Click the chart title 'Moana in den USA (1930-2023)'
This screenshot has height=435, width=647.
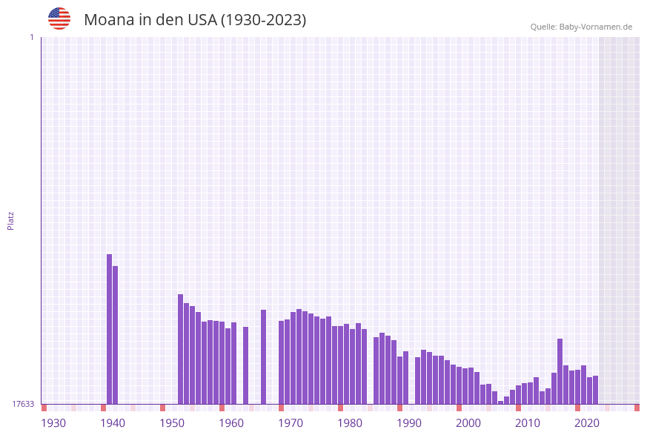click(195, 20)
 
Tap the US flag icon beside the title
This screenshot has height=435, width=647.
click(59, 19)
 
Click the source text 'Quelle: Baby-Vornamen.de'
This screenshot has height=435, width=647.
click(581, 27)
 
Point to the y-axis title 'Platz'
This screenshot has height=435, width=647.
click(11, 220)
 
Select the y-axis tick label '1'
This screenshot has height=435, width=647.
click(31, 37)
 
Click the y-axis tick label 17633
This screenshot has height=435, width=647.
click(23, 404)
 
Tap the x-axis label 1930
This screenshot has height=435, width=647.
click(53, 423)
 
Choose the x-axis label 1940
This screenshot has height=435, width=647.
click(113, 423)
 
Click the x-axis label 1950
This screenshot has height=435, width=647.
click(172, 423)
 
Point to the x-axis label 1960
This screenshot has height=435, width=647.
click(231, 423)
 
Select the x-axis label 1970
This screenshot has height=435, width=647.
click(291, 423)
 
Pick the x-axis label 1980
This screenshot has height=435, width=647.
click(350, 423)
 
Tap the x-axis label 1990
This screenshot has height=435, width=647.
click(409, 423)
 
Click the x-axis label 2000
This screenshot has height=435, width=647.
click(468, 423)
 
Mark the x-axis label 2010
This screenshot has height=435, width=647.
click(528, 423)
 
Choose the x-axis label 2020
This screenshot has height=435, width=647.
click(587, 423)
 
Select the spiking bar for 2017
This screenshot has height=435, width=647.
click(560, 371)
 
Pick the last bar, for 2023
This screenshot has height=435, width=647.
click(596, 390)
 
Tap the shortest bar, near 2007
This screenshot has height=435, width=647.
click(501, 402)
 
